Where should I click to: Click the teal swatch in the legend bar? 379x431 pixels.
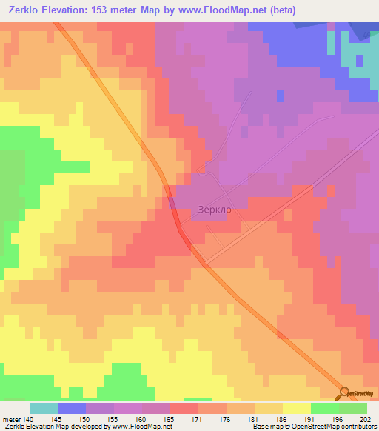(44, 408)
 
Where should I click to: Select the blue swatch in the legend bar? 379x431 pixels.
(72, 408)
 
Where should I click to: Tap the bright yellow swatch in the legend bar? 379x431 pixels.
(297, 408)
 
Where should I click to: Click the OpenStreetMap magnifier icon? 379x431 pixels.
(343, 393)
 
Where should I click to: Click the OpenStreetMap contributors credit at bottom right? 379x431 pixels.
(347, 427)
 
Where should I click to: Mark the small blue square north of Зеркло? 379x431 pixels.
(279, 96)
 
